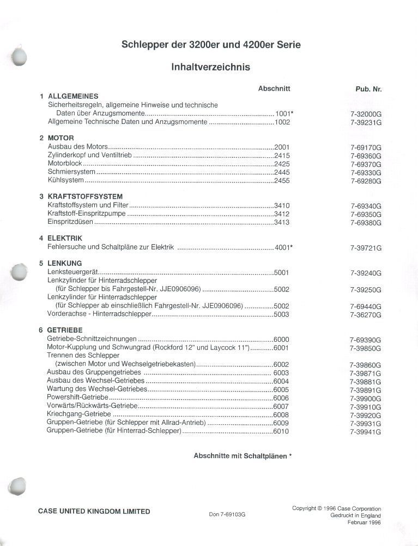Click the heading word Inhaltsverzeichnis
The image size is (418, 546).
(210, 68)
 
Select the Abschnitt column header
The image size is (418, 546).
(274, 88)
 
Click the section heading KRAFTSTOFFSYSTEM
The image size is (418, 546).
(85, 197)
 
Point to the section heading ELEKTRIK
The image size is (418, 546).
(65, 239)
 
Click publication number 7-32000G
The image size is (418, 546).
(366, 114)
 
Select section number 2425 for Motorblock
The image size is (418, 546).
(282, 164)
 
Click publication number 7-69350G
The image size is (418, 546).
(366, 215)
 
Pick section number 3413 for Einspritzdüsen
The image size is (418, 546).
(282, 222)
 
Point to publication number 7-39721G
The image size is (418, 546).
(366, 248)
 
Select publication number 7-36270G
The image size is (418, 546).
(366, 315)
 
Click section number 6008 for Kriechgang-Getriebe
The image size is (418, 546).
(281, 415)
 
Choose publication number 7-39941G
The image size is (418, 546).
(366, 432)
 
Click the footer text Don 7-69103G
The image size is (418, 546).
(227, 514)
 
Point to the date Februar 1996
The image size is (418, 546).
(364, 523)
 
